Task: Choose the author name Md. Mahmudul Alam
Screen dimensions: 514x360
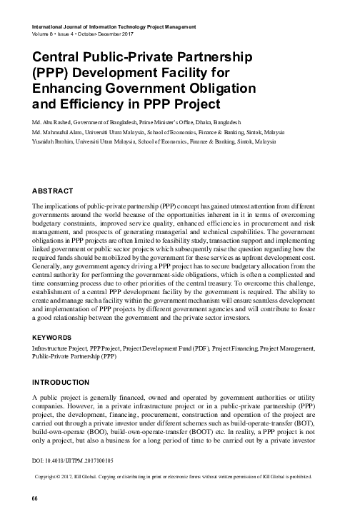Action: (x=57, y=133)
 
